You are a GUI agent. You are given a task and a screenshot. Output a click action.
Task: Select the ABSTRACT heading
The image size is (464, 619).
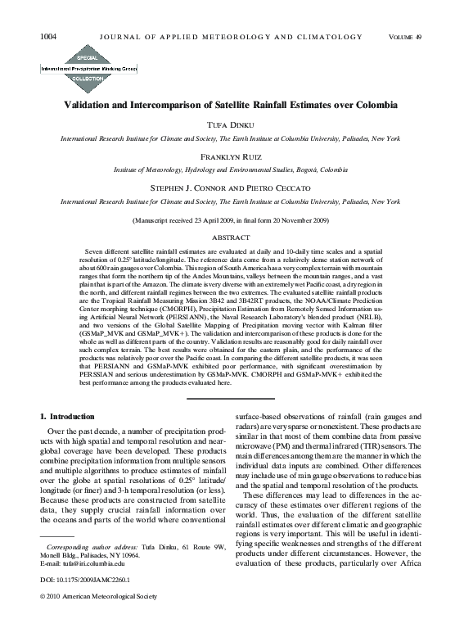coord(232,237)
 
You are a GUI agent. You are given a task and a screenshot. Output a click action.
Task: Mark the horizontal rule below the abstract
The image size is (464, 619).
coord(232,399)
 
